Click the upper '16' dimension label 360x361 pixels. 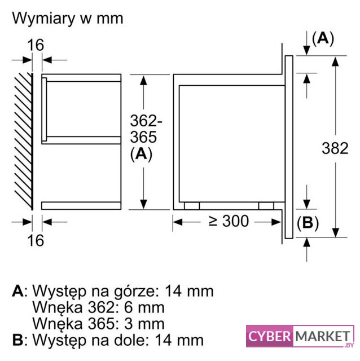35,45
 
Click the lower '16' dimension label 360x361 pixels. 35,240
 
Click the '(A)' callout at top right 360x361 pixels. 323,38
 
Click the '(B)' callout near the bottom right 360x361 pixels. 308,222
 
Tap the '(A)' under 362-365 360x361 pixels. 141,154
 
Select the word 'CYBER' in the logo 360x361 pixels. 269,337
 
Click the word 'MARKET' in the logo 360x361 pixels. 322,337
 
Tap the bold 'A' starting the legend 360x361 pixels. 18,291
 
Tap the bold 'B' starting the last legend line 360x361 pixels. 18,340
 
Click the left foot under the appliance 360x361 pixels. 192,206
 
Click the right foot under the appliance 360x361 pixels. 266,206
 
